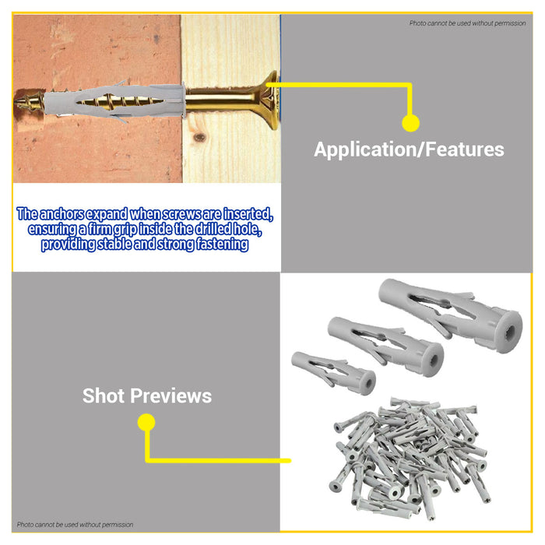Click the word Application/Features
click(409, 149)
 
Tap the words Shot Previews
click(147, 396)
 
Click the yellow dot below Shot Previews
click(146, 422)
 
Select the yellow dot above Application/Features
click(410, 123)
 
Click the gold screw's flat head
click(272, 100)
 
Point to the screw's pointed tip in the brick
click(16, 103)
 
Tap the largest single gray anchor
click(451, 315)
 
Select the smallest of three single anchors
click(333, 373)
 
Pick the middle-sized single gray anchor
click(385, 345)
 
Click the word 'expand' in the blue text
click(107, 214)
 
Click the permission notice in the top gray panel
click(467, 23)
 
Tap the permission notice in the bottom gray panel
click(75, 525)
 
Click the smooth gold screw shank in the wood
click(223, 100)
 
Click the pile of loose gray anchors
click(410, 459)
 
